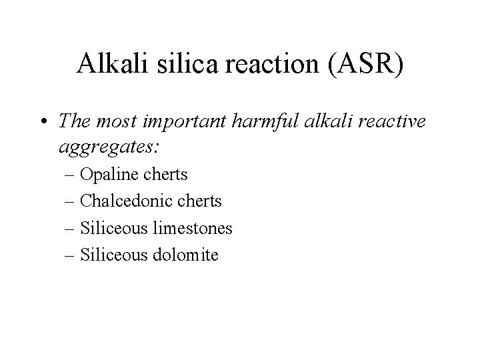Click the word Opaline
pyautogui.click(x=107, y=175)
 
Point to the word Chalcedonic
pyautogui.click(x=123, y=201)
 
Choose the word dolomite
pyautogui.click(x=185, y=254)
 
